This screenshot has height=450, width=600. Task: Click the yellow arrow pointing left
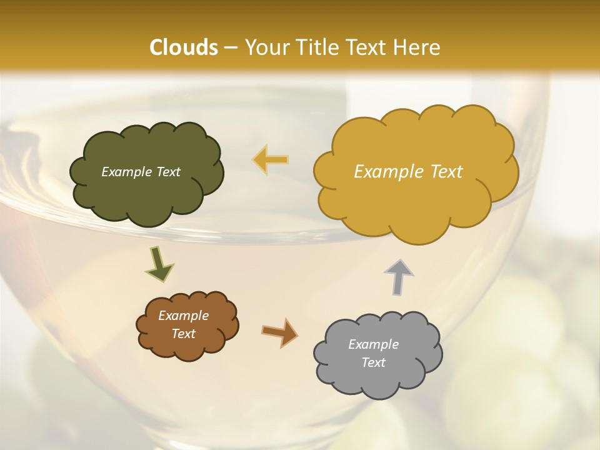coord(271,160)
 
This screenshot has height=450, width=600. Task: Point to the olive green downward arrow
coord(159,264)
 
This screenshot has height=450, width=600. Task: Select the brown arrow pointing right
coord(280,331)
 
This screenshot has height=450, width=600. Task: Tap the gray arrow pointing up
coord(398,276)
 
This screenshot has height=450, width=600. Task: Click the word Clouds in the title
coord(184,47)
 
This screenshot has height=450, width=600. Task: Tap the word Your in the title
coord(265,47)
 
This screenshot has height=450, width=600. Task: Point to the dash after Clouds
coord(230,47)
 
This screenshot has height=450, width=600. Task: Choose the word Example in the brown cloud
coord(183,316)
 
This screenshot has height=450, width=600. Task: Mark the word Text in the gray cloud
coord(373,362)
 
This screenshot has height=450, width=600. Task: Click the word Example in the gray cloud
coord(373,344)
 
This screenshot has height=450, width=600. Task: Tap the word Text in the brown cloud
coord(183,334)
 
